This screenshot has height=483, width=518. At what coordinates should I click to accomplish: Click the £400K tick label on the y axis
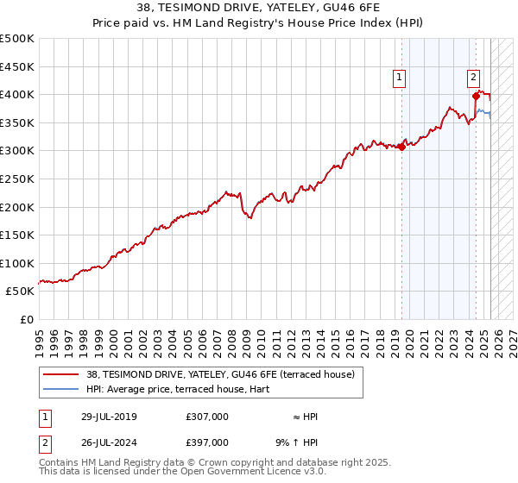[17, 94]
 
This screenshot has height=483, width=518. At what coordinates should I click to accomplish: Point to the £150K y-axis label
[17, 235]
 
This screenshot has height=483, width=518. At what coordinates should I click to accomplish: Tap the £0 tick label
[26, 319]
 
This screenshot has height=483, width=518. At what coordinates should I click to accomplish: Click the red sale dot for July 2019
[402, 147]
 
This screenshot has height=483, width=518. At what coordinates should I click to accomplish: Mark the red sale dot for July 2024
[476, 96]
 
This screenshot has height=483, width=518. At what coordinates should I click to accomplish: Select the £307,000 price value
[207, 417]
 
